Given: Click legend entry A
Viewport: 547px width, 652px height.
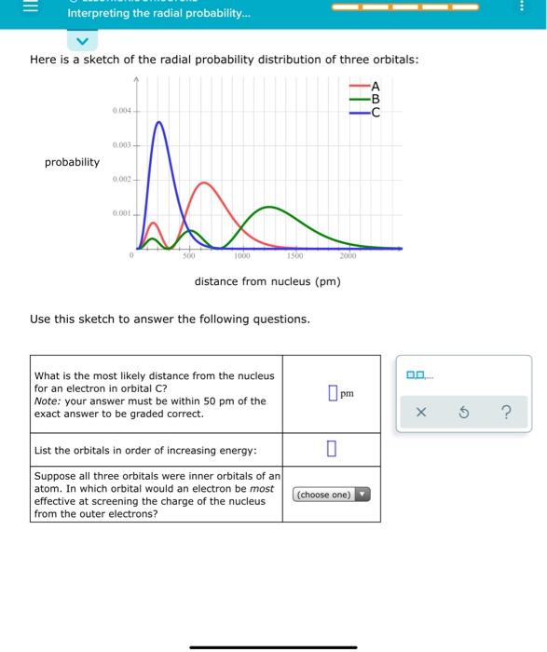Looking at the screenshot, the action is click(x=376, y=87).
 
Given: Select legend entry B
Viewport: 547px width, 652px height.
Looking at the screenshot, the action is click(x=376, y=99).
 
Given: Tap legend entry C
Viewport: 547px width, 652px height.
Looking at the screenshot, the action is click(x=376, y=112).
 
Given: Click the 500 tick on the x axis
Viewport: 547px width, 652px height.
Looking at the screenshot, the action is click(x=188, y=255).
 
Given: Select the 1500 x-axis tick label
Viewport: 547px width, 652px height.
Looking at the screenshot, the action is click(x=294, y=255).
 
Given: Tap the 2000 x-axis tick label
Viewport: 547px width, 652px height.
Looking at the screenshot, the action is click(x=348, y=255).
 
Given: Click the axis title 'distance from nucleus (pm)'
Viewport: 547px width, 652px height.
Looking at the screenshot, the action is click(x=267, y=280).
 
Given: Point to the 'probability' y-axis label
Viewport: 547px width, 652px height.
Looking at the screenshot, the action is click(x=72, y=162).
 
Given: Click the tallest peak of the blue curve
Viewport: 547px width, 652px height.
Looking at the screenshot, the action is click(x=159, y=122).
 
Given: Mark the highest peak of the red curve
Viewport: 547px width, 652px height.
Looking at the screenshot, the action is click(x=204, y=183).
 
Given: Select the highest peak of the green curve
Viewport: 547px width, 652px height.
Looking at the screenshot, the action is click(x=269, y=207).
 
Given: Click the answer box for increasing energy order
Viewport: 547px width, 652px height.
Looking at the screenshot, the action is click(x=331, y=450).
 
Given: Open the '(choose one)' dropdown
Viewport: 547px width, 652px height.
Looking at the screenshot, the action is click(x=331, y=495).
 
